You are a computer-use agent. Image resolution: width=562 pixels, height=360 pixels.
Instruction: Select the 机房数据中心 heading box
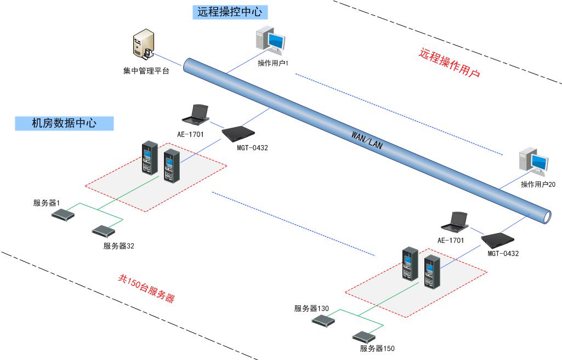pyautogui.click(x=64, y=123)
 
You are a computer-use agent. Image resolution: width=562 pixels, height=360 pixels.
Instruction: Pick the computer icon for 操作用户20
pyautogui.click(x=534, y=163)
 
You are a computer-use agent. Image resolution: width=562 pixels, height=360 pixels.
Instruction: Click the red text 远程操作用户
pyautogui.click(x=450, y=63)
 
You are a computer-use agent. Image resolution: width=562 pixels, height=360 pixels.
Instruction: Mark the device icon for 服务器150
pyautogui.click(x=365, y=336)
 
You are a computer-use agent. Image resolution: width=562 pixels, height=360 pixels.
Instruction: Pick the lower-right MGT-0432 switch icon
pyautogui.click(x=499, y=239)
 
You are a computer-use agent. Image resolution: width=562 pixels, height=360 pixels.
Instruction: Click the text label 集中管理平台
pyautogui.click(x=146, y=71)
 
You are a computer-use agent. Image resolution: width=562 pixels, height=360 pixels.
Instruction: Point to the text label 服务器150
pyautogui.click(x=377, y=348)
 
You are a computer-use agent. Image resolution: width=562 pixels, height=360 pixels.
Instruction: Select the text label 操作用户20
pyautogui.click(x=538, y=184)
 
